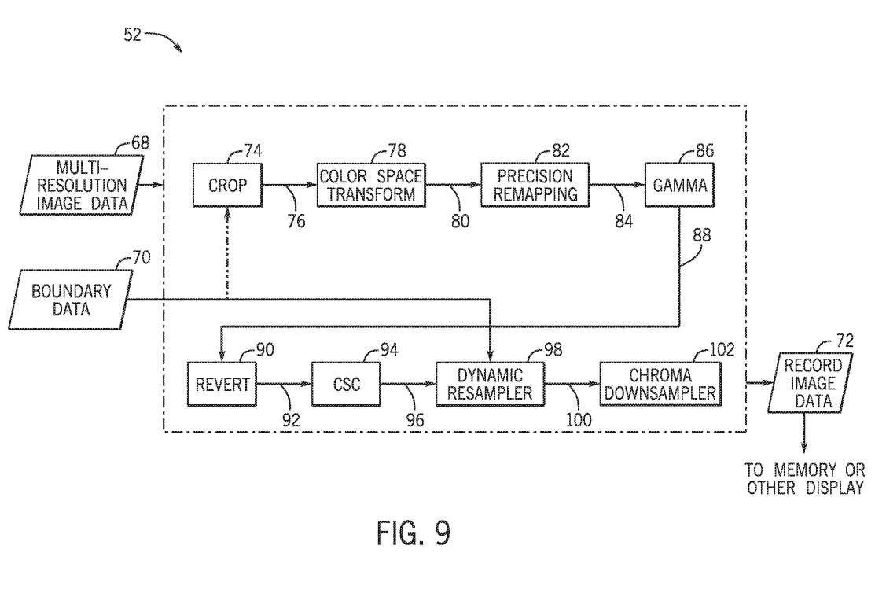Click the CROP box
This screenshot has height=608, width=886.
[227, 185]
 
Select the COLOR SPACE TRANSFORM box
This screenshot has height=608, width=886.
[371, 185]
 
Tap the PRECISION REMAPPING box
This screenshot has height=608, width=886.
[535, 185]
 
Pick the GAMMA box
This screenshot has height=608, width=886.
[679, 185]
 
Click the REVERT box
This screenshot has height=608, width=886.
[222, 384]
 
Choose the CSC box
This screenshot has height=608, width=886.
[347, 384]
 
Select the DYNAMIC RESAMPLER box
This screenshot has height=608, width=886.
[490, 384]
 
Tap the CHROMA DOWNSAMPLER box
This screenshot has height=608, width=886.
[660, 384]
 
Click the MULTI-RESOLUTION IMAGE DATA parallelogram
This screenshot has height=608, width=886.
[82, 185]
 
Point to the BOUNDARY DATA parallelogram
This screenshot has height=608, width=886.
[72, 300]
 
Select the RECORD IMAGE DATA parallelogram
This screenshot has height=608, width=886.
[811, 383]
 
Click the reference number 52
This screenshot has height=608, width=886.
[131, 35]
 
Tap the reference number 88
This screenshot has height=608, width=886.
[701, 235]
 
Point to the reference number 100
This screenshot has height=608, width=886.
[579, 420]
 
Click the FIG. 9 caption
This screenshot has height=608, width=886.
[414, 532]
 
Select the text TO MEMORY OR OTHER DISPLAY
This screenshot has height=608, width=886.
[805, 478]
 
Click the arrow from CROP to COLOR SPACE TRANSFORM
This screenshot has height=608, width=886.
[289, 185]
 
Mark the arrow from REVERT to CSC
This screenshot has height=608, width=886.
[285, 384]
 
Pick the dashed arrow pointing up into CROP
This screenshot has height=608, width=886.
[227, 252]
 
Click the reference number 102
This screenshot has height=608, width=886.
[722, 349]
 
